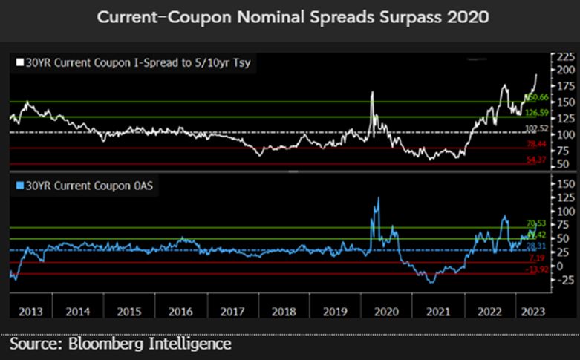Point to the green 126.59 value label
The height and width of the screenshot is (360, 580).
click(x=536, y=113)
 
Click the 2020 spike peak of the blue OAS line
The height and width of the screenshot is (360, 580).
click(x=379, y=198)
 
